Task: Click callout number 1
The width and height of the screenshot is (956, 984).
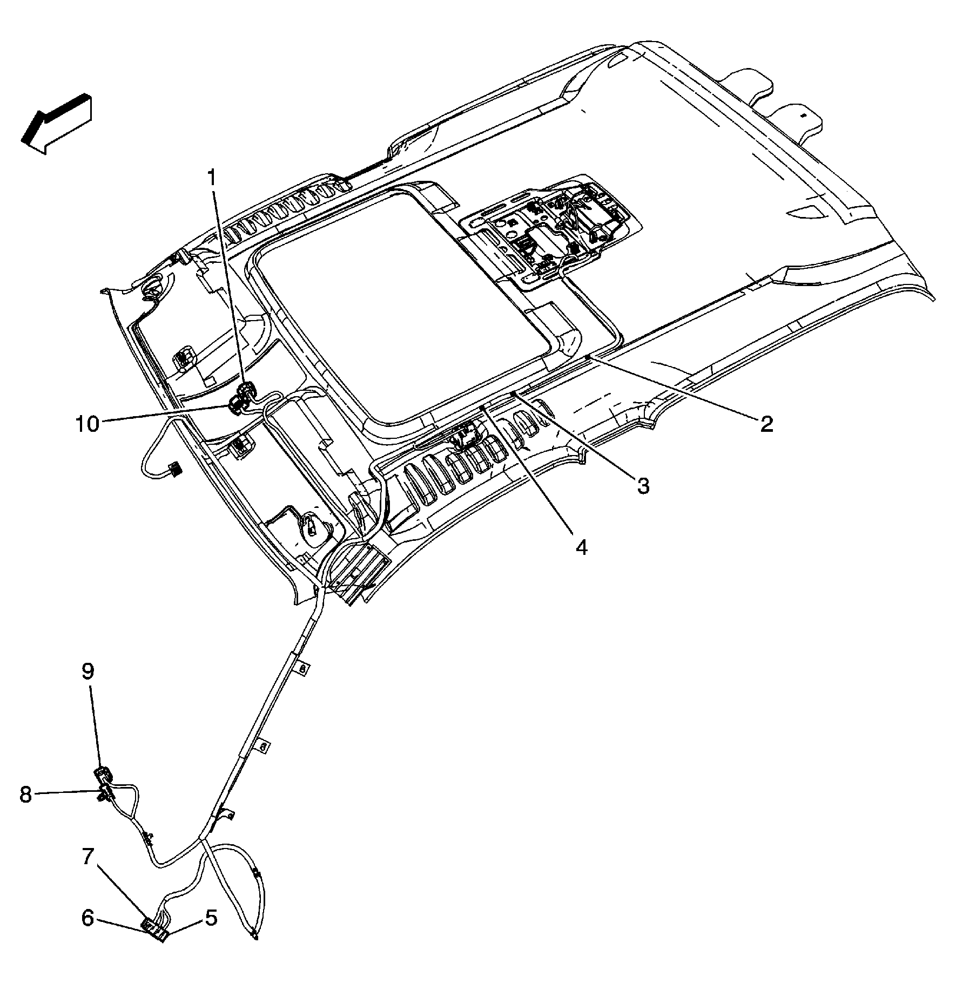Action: [212, 178]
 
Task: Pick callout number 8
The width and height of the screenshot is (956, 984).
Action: [25, 795]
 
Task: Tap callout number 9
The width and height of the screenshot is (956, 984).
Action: [88, 671]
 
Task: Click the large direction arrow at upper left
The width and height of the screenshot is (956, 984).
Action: [57, 125]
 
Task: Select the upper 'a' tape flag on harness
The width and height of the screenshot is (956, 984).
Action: [304, 668]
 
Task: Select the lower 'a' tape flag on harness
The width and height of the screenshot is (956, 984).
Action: [263, 747]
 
